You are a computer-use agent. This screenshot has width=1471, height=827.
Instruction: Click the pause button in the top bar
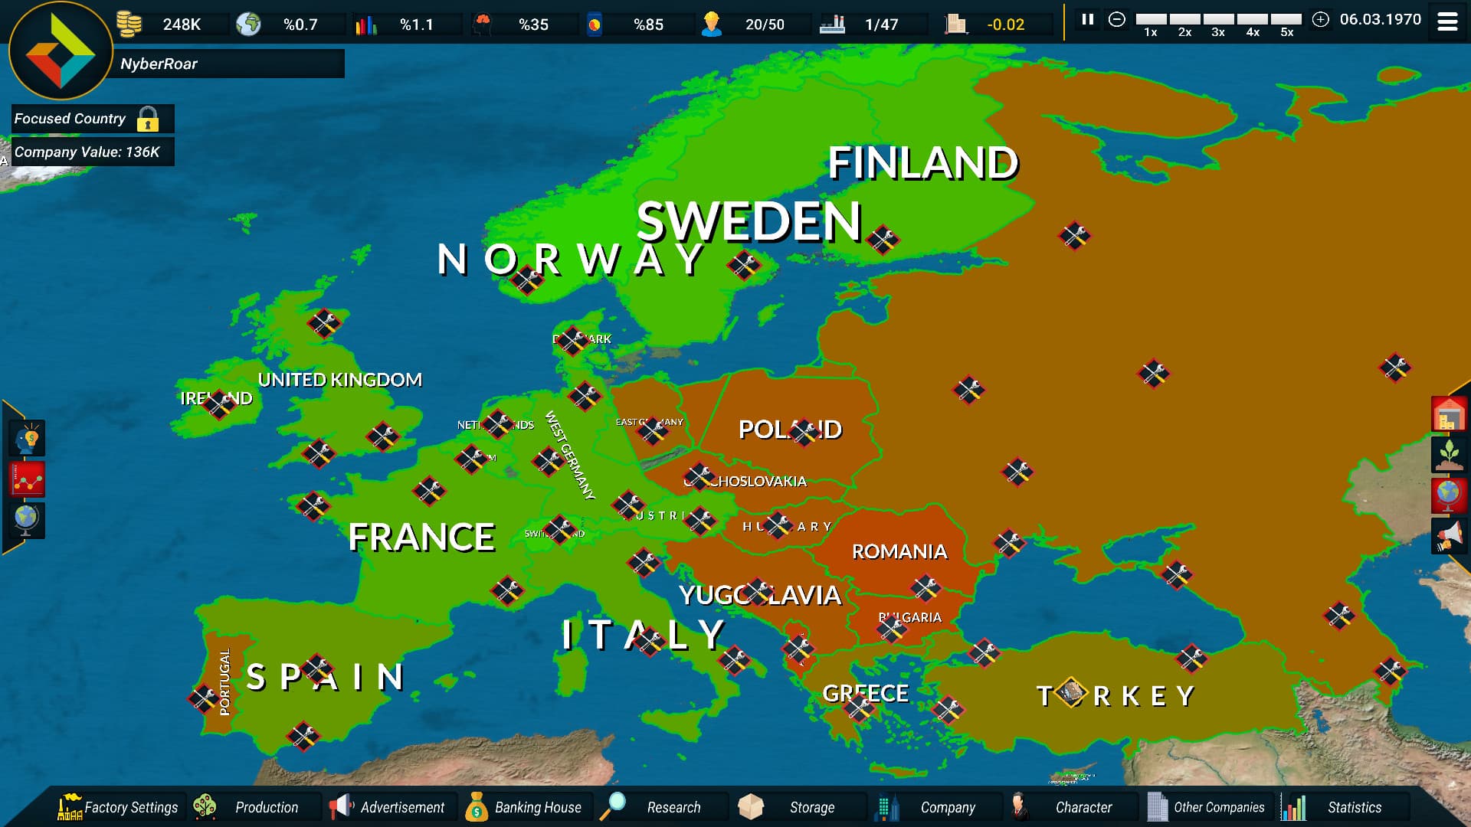point(1087,20)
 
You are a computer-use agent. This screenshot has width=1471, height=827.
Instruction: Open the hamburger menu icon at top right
point(1447,22)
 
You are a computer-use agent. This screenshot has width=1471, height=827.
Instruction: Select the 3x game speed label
point(1218,32)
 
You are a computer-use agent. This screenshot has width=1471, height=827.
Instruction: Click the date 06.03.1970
point(1380,20)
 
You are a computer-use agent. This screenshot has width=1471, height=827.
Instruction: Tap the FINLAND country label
point(922,163)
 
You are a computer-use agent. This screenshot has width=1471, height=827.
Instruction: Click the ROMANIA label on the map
point(899,551)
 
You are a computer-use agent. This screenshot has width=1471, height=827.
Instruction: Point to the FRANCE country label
point(421,537)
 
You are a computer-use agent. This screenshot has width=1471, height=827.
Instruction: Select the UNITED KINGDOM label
point(339,380)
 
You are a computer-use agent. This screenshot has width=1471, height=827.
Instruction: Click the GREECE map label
point(865,693)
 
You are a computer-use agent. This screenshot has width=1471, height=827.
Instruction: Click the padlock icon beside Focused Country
point(148,119)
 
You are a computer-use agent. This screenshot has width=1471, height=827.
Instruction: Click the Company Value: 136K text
point(87,152)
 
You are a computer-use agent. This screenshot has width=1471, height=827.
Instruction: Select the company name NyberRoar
point(159,64)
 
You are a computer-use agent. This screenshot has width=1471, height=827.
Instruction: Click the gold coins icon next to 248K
point(129,24)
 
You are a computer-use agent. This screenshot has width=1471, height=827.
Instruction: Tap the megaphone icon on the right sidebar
point(1448,535)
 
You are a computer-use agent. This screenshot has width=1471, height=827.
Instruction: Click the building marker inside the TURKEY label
point(1071,692)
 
